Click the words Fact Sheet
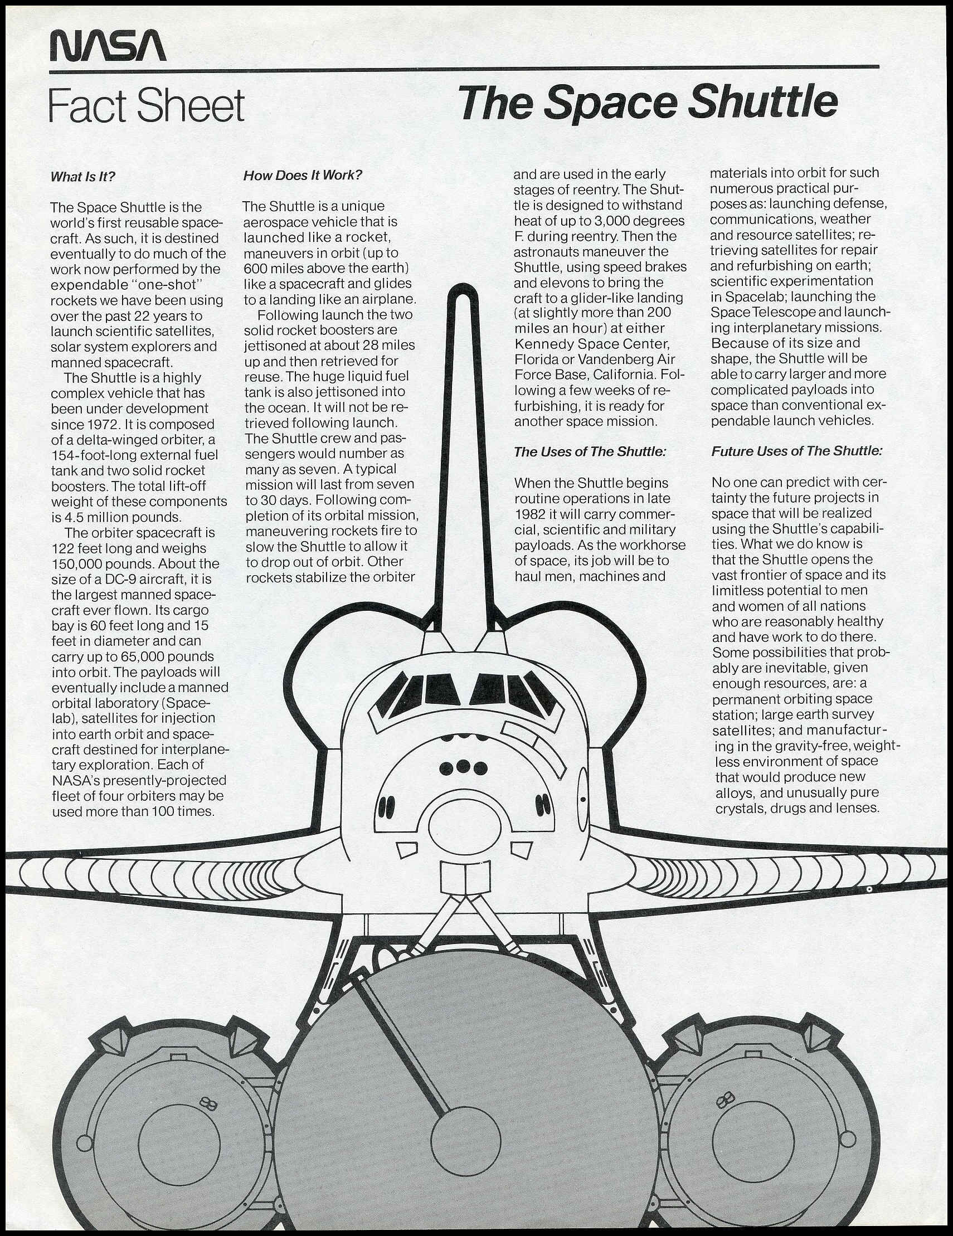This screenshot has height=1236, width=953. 147,105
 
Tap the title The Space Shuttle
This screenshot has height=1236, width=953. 648,104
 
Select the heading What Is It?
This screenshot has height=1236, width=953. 83,177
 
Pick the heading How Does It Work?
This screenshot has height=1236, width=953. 303,176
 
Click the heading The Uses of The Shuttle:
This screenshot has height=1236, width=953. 590,451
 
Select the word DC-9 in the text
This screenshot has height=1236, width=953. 114,580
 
